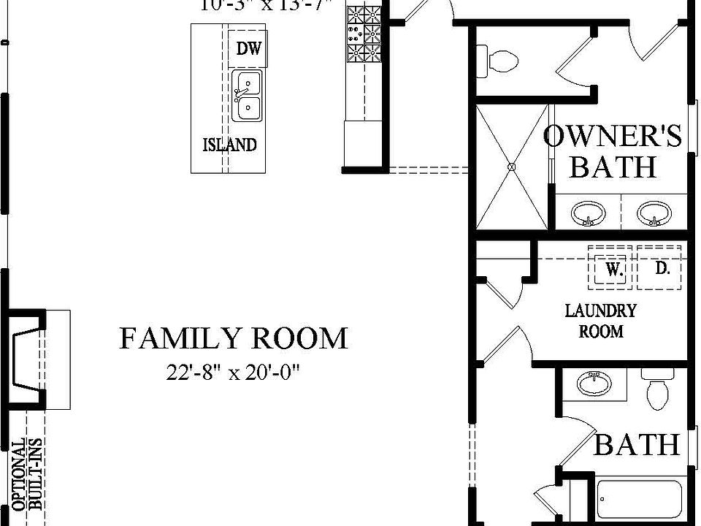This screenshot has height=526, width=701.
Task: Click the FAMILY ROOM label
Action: pos(233,339)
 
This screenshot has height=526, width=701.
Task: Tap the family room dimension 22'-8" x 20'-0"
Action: pos(233,373)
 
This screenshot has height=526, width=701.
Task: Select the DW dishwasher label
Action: pos(248,49)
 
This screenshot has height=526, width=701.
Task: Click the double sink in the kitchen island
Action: pos(247,95)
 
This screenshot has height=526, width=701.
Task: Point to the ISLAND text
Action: pos(229,145)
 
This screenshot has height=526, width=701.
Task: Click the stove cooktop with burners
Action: pos(364,33)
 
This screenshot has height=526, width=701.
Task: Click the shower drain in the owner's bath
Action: pos(511,167)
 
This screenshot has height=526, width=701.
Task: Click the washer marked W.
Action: pos(613,269)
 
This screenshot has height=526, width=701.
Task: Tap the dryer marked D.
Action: pos(660,268)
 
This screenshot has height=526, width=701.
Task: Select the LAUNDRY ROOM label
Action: pos(601,321)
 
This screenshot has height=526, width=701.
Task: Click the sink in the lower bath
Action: pos(594,383)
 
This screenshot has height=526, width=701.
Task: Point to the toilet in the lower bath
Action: pos(657,391)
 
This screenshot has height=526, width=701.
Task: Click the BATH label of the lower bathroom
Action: pos(636,444)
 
